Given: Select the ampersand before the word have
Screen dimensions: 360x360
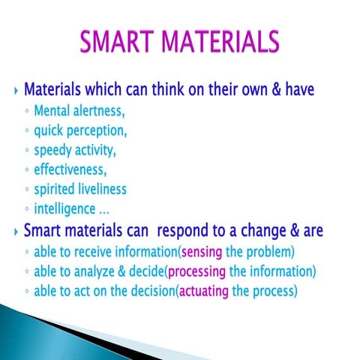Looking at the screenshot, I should click(x=274, y=90).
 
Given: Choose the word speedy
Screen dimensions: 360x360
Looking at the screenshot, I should click(x=55, y=149).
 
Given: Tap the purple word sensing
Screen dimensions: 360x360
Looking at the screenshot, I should click(x=202, y=251).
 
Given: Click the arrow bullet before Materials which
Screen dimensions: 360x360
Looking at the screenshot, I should click(x=17, y=91).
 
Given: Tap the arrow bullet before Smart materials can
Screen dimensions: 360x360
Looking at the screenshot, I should click(x=17, y=230).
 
